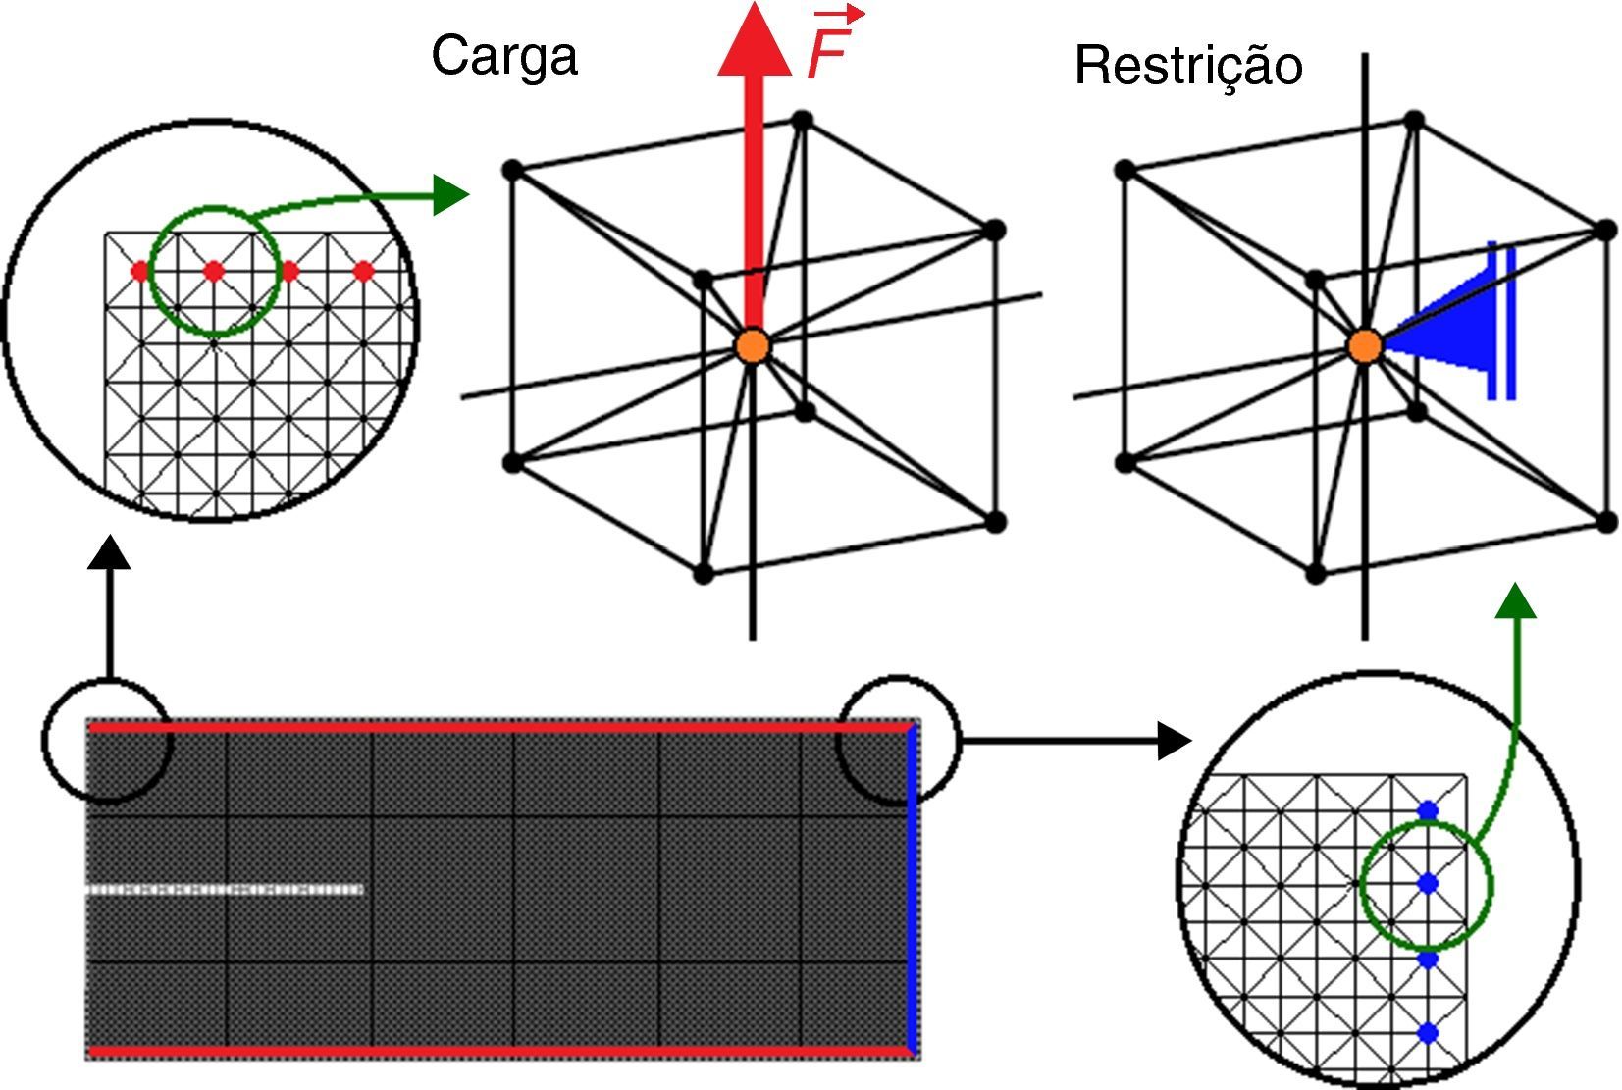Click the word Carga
503,56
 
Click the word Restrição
1188,66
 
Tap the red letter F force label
827,53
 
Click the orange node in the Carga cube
753,345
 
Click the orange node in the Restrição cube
1364,345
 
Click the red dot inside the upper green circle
213,270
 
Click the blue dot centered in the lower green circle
1428,884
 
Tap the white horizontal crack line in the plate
226,890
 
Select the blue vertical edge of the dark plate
912,888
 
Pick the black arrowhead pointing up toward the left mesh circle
109,552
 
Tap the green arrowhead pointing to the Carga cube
450,194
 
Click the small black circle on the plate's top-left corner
107,740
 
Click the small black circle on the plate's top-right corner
898,740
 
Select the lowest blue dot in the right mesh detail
1428,1032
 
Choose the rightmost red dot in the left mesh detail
363,271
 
